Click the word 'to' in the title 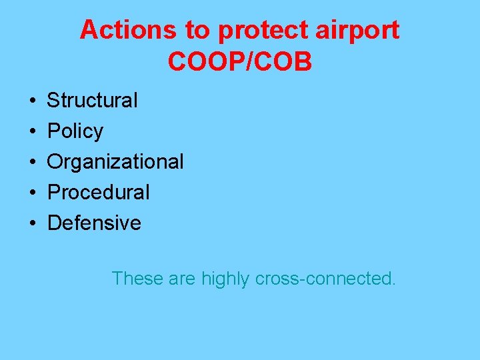(x=192, y=30)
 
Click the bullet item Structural (x=92, y=101)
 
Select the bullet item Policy (x=75, y=131)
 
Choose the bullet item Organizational (x=115, y=162)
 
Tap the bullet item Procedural (x=99, y=193)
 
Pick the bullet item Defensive (x=94, y=223)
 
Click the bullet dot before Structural (x=32, y=101)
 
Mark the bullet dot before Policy (x=32, y=132)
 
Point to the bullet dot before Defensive (x=32, y=223)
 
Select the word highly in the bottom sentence (x=227, y=279)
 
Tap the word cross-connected (x=326, y=279)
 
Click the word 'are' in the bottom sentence (x=183, y=279)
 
